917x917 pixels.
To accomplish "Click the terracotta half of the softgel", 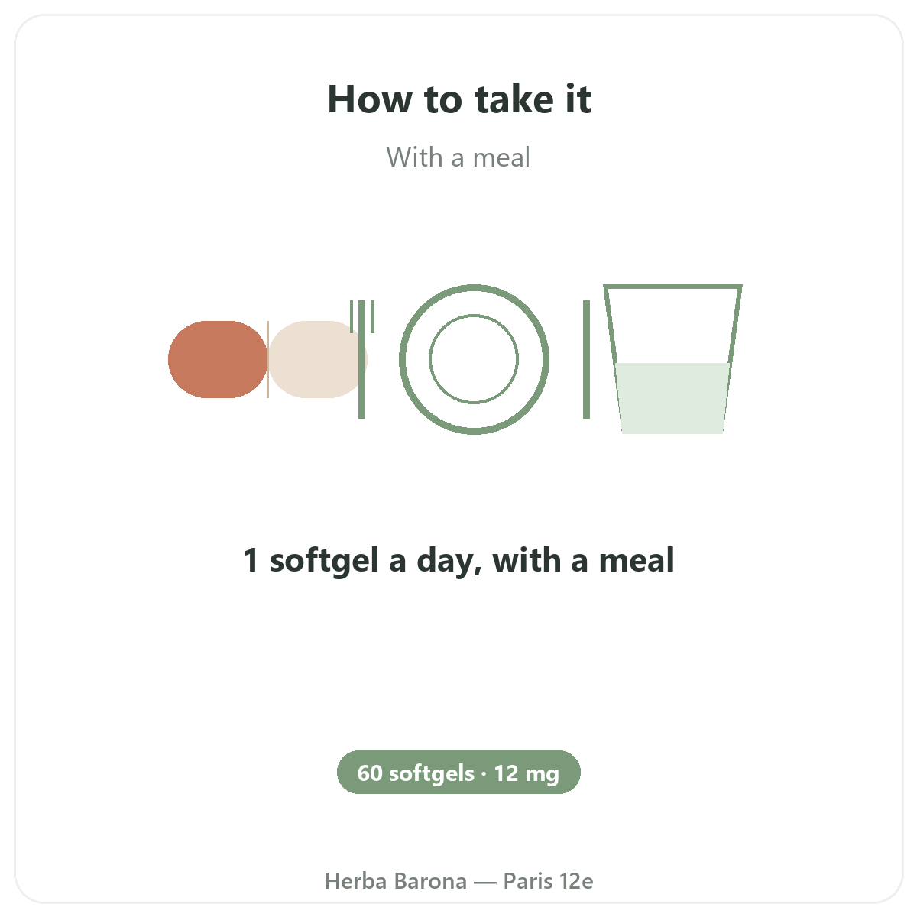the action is click(x=218, y=359).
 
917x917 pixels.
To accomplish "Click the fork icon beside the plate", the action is click(x=361, y=359).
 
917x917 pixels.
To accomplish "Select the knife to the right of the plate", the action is click(x=586, y=359).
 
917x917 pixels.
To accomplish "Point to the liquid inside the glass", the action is click(x=672, y=398).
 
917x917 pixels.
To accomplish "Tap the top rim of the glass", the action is click(x=672, y=287).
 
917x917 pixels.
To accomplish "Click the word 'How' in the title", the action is click(x=370, y=99).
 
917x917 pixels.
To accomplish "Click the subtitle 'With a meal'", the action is click(x=458, y=157).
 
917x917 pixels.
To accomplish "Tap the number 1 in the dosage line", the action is click(x=251, y=559).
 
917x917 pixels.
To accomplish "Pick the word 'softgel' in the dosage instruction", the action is click(x=324, y=561).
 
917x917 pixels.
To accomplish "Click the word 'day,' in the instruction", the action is click(x=449, y=561).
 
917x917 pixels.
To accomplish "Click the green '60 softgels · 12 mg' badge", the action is click(x=458, y=773).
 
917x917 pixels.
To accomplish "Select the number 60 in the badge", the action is click(x=370, y=773).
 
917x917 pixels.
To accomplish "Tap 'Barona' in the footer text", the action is click(x=431, y=881).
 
